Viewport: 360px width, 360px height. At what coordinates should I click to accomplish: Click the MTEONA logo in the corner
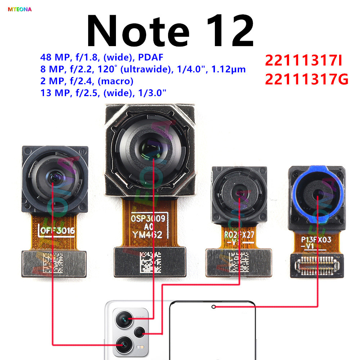pos(20,9)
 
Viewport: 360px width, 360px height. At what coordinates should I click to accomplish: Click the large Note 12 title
pos(170,32)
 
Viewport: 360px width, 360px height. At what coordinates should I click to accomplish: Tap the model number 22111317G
pos(307,78)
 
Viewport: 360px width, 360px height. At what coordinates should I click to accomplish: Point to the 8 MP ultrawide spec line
pos(143,69)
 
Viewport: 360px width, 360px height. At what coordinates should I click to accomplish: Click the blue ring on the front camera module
pos(298,186)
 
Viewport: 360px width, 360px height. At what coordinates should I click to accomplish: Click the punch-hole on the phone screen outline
pos(213,307)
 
